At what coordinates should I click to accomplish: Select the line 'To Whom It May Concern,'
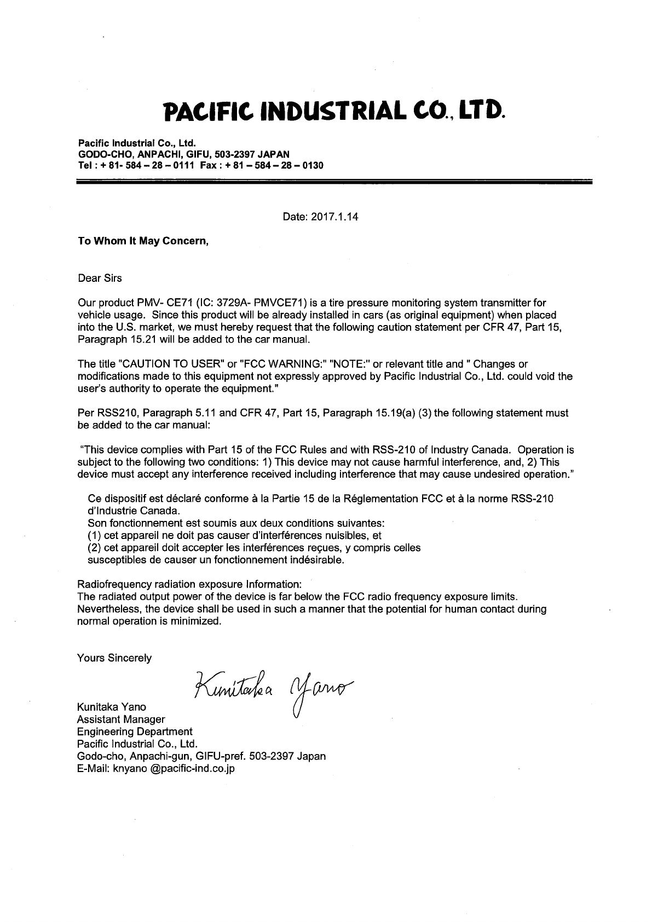pos(143,241)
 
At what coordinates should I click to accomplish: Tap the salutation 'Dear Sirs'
pos(100,278)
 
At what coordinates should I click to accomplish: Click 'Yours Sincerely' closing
pos(114,658)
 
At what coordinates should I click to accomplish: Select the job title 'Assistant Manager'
pos(121,719)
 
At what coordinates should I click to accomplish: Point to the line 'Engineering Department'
pos(135,732)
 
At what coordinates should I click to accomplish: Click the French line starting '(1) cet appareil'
pos(234,535)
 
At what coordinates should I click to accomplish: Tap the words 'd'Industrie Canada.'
pos(134,511)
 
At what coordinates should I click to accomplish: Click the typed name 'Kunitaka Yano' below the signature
pos(112,707)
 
